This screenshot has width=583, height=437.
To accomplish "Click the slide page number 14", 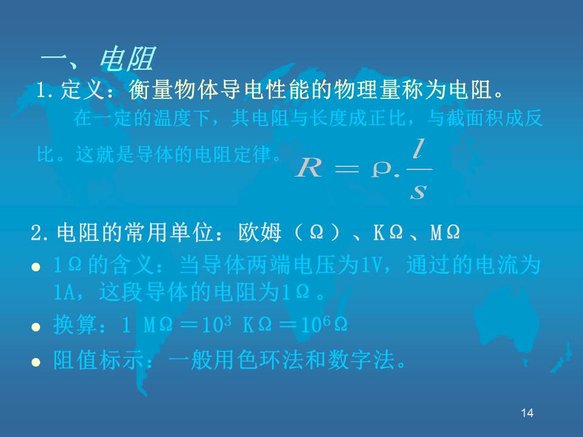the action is click(x=527, y=413).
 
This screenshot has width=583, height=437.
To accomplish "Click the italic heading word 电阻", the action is click(x=126, y=59).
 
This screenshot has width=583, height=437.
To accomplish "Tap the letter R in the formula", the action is click(x=309, y=168).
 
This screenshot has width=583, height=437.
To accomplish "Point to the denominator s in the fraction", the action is click(x=418, y=191).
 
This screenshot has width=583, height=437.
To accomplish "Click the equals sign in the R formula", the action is click(x=347, y=169).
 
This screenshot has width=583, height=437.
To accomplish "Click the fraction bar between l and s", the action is click(x=420, y=169).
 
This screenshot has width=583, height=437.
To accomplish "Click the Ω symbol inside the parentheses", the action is click(x=316, y=232).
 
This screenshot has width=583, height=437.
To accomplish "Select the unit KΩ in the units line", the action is click(x=388, y=232).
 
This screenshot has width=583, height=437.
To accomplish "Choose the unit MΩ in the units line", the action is click(x=445, y=232).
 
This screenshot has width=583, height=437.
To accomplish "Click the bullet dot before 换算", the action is click(x=36, y=327).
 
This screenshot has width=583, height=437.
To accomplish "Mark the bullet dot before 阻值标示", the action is click(x=36, y=362).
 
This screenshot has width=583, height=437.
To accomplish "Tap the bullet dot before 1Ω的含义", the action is click(x=36, y=267).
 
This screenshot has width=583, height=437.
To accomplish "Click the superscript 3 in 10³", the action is click(x=228, y=321).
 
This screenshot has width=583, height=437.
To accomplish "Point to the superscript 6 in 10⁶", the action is click(x=326, y=321).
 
